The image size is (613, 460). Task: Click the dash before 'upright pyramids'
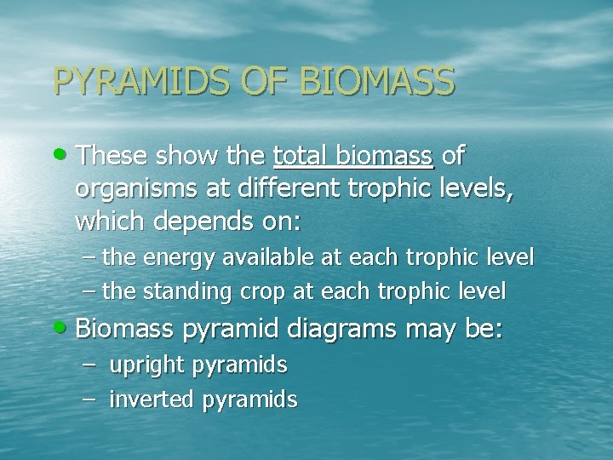click(93, 365)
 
